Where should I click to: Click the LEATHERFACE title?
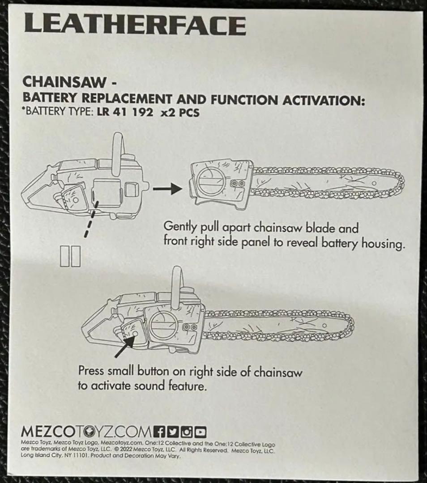135,24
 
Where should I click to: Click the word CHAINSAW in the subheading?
64,82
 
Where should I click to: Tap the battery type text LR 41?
111,112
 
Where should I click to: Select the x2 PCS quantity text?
180,112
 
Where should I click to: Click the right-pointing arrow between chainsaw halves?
168,188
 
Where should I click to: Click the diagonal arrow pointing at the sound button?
125,346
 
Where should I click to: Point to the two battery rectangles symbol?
70,256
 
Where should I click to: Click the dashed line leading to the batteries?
92,219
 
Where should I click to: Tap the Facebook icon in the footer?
159,432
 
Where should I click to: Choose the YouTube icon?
200,432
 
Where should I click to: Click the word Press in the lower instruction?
91,370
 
